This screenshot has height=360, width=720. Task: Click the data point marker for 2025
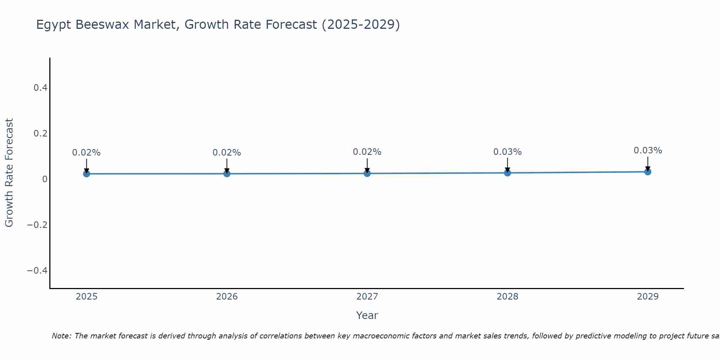pos(86,174)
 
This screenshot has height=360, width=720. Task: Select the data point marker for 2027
pos(367,174)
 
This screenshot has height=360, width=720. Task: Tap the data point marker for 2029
pos(648,172)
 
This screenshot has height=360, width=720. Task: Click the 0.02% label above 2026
pos(227,153)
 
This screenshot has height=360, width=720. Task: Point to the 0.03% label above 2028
pos(507,152)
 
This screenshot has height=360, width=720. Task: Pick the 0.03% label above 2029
pos(648,150)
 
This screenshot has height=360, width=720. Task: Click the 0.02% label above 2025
pos(86,153)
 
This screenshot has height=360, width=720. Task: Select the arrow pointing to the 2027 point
pos(367,165)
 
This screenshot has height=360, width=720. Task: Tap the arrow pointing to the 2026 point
pos(227,166)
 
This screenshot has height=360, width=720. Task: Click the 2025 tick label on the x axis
pos(86,297)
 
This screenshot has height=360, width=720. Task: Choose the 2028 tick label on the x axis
pos(507,297)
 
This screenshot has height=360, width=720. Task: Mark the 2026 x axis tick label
pos(227,297)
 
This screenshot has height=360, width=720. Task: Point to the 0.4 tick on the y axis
pos(40,88)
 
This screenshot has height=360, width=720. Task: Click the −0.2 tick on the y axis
pos(37,225)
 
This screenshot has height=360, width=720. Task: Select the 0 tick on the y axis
pos(45,179)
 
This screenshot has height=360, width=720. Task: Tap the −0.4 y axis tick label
pos(37,271)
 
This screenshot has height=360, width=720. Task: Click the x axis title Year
pos(367,316)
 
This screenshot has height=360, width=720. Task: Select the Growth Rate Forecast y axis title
pos(9,173)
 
